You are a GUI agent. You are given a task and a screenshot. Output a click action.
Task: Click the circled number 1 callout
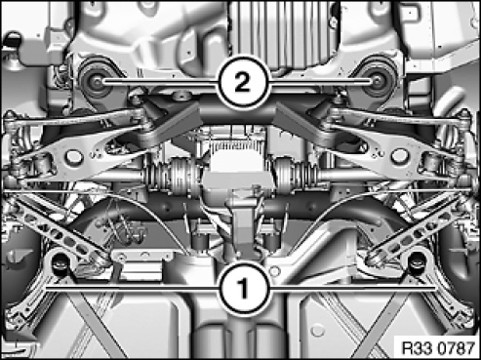[244, 288]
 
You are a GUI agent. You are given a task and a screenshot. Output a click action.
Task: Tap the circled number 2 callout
[244, 83]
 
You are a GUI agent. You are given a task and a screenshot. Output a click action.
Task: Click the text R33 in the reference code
[418, 348]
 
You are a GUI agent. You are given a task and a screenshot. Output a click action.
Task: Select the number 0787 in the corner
[456, 348]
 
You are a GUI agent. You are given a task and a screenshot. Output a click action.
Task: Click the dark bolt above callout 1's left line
[60, 261]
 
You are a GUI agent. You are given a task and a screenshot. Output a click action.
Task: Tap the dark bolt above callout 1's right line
[415, 261]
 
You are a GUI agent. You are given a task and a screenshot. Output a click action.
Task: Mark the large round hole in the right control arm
[399, 156]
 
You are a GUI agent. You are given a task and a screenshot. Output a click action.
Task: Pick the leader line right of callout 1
[352, 288]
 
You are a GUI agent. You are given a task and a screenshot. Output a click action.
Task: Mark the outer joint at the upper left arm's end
[11, 118]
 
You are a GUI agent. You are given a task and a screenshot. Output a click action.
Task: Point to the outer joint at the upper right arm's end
[465, 117]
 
